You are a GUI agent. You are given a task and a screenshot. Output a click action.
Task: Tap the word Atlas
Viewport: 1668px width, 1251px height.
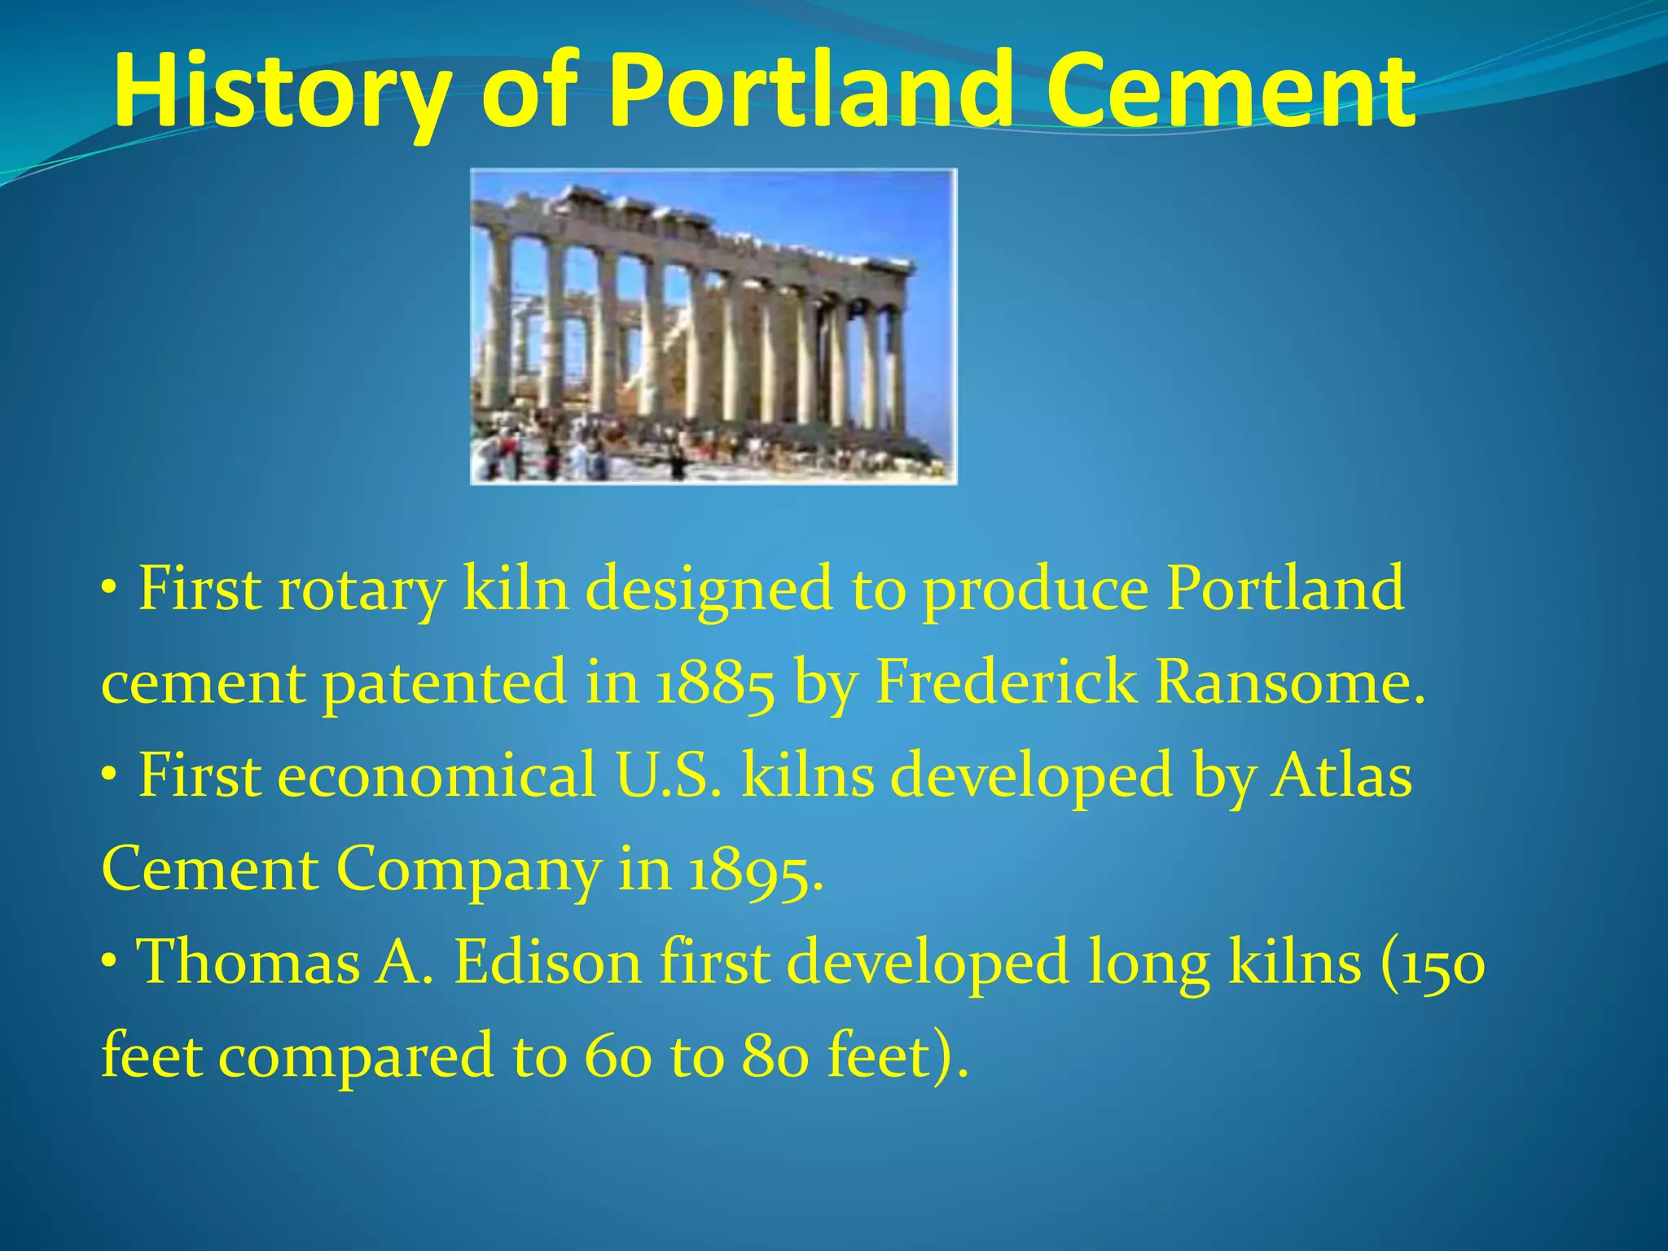[x=1341, y=775]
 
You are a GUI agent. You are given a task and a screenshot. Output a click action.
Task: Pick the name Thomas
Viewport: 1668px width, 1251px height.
[x=248, y=963]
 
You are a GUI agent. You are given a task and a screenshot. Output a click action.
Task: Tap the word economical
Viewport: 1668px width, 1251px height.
[x=437, y=775]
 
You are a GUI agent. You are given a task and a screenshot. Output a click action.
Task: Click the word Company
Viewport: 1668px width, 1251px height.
[x=467, y=870]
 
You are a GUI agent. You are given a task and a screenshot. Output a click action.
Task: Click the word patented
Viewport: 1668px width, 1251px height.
[x=444, y=683]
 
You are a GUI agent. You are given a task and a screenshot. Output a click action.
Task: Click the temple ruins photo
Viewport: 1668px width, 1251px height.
[x=713, y=327]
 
